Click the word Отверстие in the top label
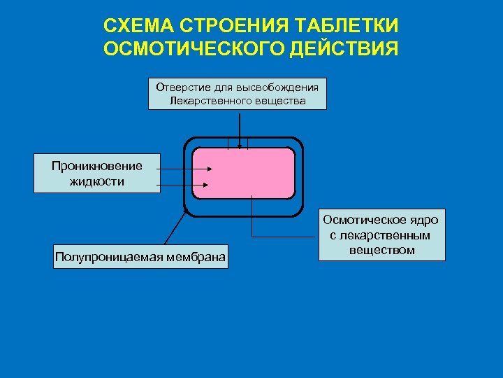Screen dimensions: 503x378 180,87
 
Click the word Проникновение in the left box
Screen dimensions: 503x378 96,166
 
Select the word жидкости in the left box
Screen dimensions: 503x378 96,181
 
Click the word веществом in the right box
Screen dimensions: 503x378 381,250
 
